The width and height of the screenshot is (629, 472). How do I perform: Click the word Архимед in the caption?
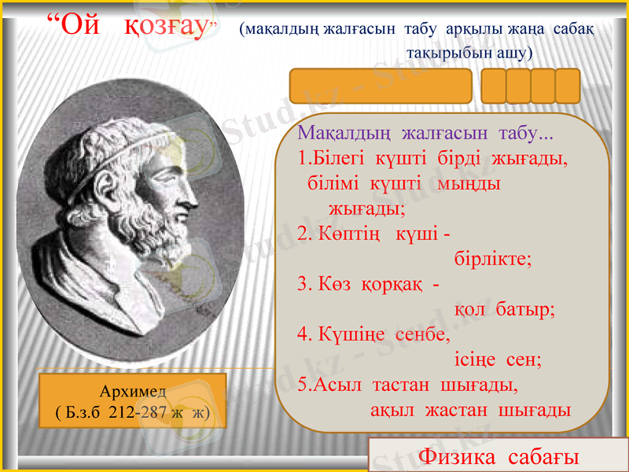click(132, 391)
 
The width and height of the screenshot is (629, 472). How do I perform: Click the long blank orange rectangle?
click(381, 86)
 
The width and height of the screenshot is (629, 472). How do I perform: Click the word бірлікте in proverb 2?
click(493, 259)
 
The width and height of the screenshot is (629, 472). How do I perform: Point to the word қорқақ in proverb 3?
click(392, 283)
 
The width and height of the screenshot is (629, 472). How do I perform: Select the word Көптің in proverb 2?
click(350, 233)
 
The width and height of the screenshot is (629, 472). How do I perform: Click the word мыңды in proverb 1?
click(471, 183)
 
